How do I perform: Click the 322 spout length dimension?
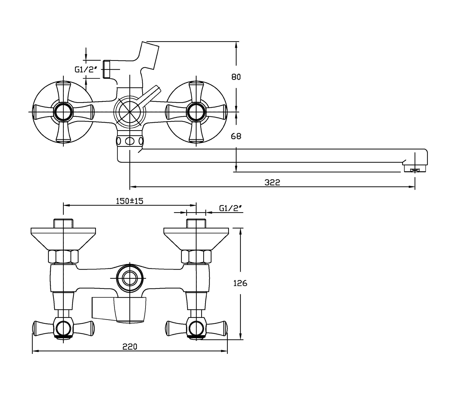[272, 182]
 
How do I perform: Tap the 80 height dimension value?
[236, 77]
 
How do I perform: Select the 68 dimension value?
[236, 136]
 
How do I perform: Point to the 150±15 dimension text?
[130, 201]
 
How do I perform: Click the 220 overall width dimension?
[130, 347]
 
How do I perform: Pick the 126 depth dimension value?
[240, 283]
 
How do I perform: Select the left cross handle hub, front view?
[63, 112]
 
